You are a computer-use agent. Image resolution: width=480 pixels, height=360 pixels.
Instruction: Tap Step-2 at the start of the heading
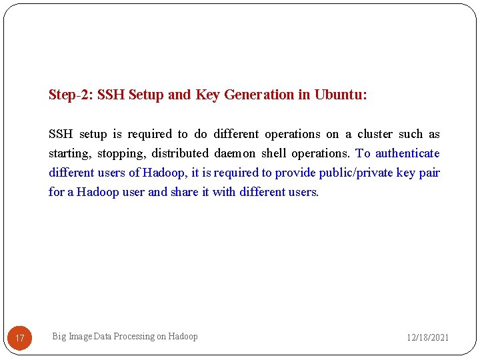(x=71, y=95)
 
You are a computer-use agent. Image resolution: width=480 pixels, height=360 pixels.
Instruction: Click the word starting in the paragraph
(x=69, y=153)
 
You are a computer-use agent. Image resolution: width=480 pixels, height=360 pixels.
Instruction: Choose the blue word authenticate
(x=407, y=153)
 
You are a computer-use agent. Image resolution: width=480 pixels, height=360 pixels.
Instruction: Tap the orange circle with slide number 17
(x=20, y=338)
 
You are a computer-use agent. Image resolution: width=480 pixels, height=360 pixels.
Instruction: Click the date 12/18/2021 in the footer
(x=428, y=337)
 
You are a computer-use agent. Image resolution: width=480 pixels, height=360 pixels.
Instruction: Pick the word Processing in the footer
(x=133, y=337)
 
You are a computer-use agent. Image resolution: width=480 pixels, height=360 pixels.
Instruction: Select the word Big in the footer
(x=59, y=337)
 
